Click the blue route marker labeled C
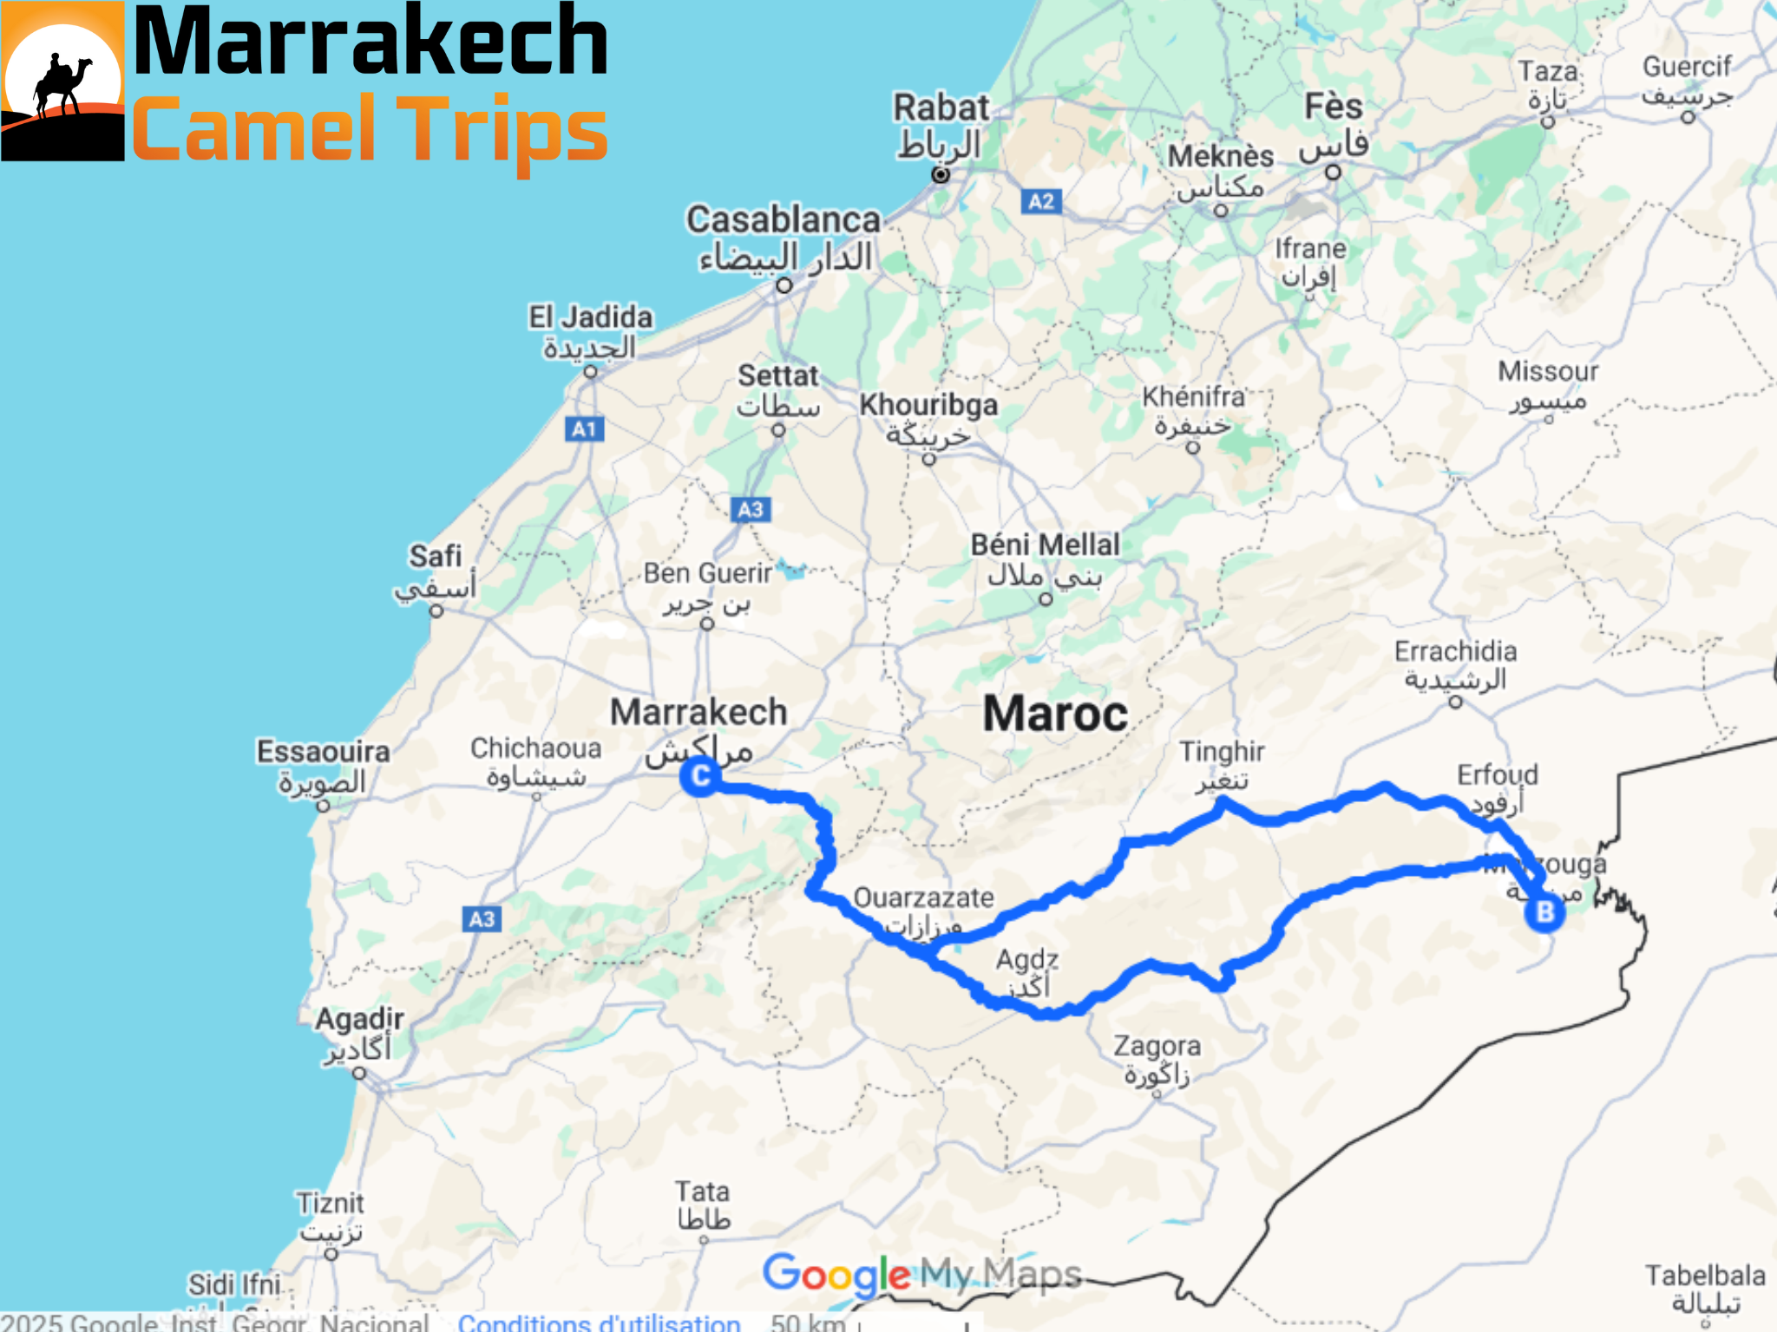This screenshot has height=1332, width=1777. tap(700, 776)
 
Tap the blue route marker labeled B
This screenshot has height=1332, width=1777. tap(1544, 912)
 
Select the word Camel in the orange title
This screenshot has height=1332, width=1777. tap(253, 130)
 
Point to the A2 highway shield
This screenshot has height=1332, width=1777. tap(1040, 202)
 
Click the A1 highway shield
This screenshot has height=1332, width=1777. tap(584, 429)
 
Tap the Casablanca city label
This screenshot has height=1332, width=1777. tap(783, 220)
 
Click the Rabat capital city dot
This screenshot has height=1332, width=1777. tap(941, 174)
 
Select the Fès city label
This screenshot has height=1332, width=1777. tap(1334, 108)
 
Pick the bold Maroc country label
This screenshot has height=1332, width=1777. tap(1055, 715)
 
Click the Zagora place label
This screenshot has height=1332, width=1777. tap(1157, 1047)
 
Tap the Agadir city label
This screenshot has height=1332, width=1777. tap(359, 1019)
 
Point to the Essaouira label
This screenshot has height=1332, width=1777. tap(323, 752)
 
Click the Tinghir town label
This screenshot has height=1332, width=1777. tap(1221, 752)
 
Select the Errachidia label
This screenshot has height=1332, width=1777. tap(1455, 651)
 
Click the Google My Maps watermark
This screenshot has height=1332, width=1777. tap(921, 1274)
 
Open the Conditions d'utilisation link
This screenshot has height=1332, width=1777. tap(599, 1322)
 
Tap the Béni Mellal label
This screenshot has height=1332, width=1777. tap(1045, 545)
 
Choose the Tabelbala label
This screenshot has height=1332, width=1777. tap(1705, 1276)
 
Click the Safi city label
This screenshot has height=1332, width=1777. tap(436, 557)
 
